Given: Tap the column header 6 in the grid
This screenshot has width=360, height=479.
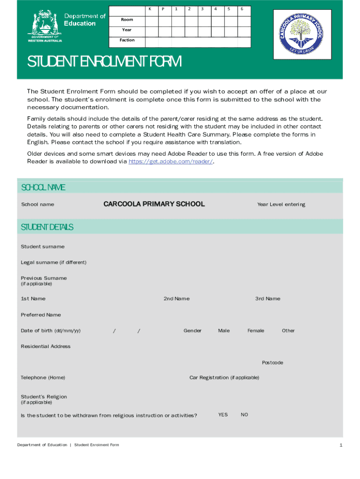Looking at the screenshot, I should click(242, 9).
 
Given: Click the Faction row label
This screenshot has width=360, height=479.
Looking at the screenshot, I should click(127, 40).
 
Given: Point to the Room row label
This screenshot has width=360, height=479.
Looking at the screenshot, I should click(127, 20).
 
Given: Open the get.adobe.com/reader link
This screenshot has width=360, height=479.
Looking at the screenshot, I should click(170, 161).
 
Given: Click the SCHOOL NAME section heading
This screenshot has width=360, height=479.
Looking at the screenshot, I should click(43, 188).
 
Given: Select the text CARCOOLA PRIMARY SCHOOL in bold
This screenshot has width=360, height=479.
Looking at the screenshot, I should click(154, 204).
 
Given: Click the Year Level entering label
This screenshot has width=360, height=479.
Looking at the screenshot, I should click(281, 204).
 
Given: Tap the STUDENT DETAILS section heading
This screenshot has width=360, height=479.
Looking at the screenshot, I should click(47, 227).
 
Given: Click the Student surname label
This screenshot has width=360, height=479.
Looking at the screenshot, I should click(43, 247).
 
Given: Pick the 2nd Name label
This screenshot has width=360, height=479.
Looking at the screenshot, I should click(176, 299).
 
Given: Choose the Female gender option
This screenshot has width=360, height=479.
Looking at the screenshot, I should click(256, 331).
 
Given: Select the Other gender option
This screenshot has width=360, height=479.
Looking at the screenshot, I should click(288, 331).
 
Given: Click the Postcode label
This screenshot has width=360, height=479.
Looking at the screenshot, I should click(272, 363).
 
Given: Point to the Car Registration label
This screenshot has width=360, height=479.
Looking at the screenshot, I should click(224, 377).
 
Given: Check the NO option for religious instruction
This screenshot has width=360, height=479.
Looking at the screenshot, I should click(245, 415).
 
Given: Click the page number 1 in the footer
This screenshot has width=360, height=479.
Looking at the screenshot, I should click(341, 445).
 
